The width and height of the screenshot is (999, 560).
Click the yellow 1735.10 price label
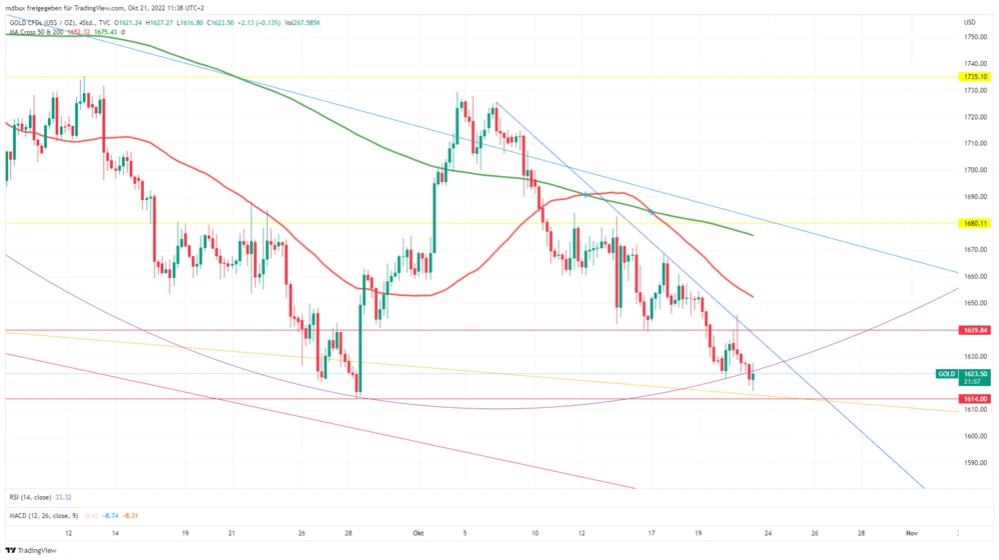click(x=974, y=77)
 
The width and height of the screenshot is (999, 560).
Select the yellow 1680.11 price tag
click(x=974, y=223)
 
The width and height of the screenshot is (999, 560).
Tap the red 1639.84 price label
click(x=974, y=330)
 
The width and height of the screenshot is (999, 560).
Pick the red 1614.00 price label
click(x=974, y=398)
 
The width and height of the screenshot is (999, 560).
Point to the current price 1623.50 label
click(x=975, y=373)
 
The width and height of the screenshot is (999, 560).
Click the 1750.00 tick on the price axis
click(x=976, y=37)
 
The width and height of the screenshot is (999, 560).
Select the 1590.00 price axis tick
click(x=976, y=462)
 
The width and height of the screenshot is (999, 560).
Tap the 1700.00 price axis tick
click(x=976, y=170)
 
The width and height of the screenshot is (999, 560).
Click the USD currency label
click(x=969, y=22)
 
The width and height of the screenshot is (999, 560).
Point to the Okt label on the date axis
click(x=420, y=534)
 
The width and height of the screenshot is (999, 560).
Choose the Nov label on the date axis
click(x=911, y=534)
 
